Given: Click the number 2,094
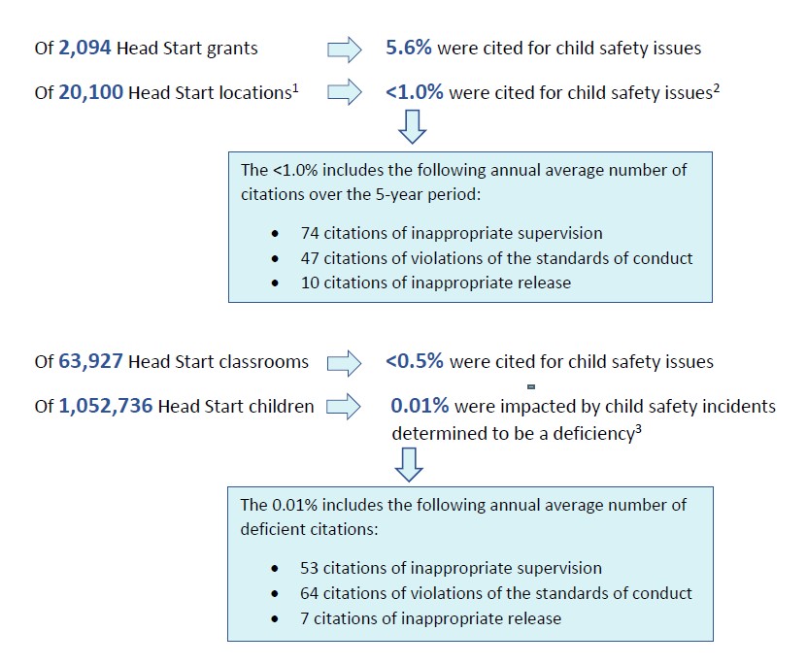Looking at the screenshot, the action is coord(84,48).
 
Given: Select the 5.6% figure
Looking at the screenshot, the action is coord(409,48).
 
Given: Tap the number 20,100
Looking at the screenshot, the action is coord(90,92).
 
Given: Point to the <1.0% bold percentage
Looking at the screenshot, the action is coord(415,92).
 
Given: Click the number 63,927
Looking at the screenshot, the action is coord(90,361).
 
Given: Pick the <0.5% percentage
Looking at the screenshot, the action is coord(415,361).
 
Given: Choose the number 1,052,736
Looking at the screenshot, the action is coord(106,406).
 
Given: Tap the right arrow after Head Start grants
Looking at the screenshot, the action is coord(345,50).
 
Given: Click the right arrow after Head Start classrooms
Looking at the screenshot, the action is coord(345,364).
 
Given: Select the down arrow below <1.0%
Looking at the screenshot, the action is coord(413,126).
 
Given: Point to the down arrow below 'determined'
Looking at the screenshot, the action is coord(409,465).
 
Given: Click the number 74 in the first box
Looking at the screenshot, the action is coord(310,233).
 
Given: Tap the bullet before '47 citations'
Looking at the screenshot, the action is coord(275,258).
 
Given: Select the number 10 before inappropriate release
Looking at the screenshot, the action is coord(310,283).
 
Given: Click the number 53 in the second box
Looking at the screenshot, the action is coord(310,568).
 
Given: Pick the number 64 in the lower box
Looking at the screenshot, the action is coord(310,593).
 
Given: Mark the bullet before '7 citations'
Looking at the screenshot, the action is coord(275,618).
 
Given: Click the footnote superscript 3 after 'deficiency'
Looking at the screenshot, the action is coord(638,429).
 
